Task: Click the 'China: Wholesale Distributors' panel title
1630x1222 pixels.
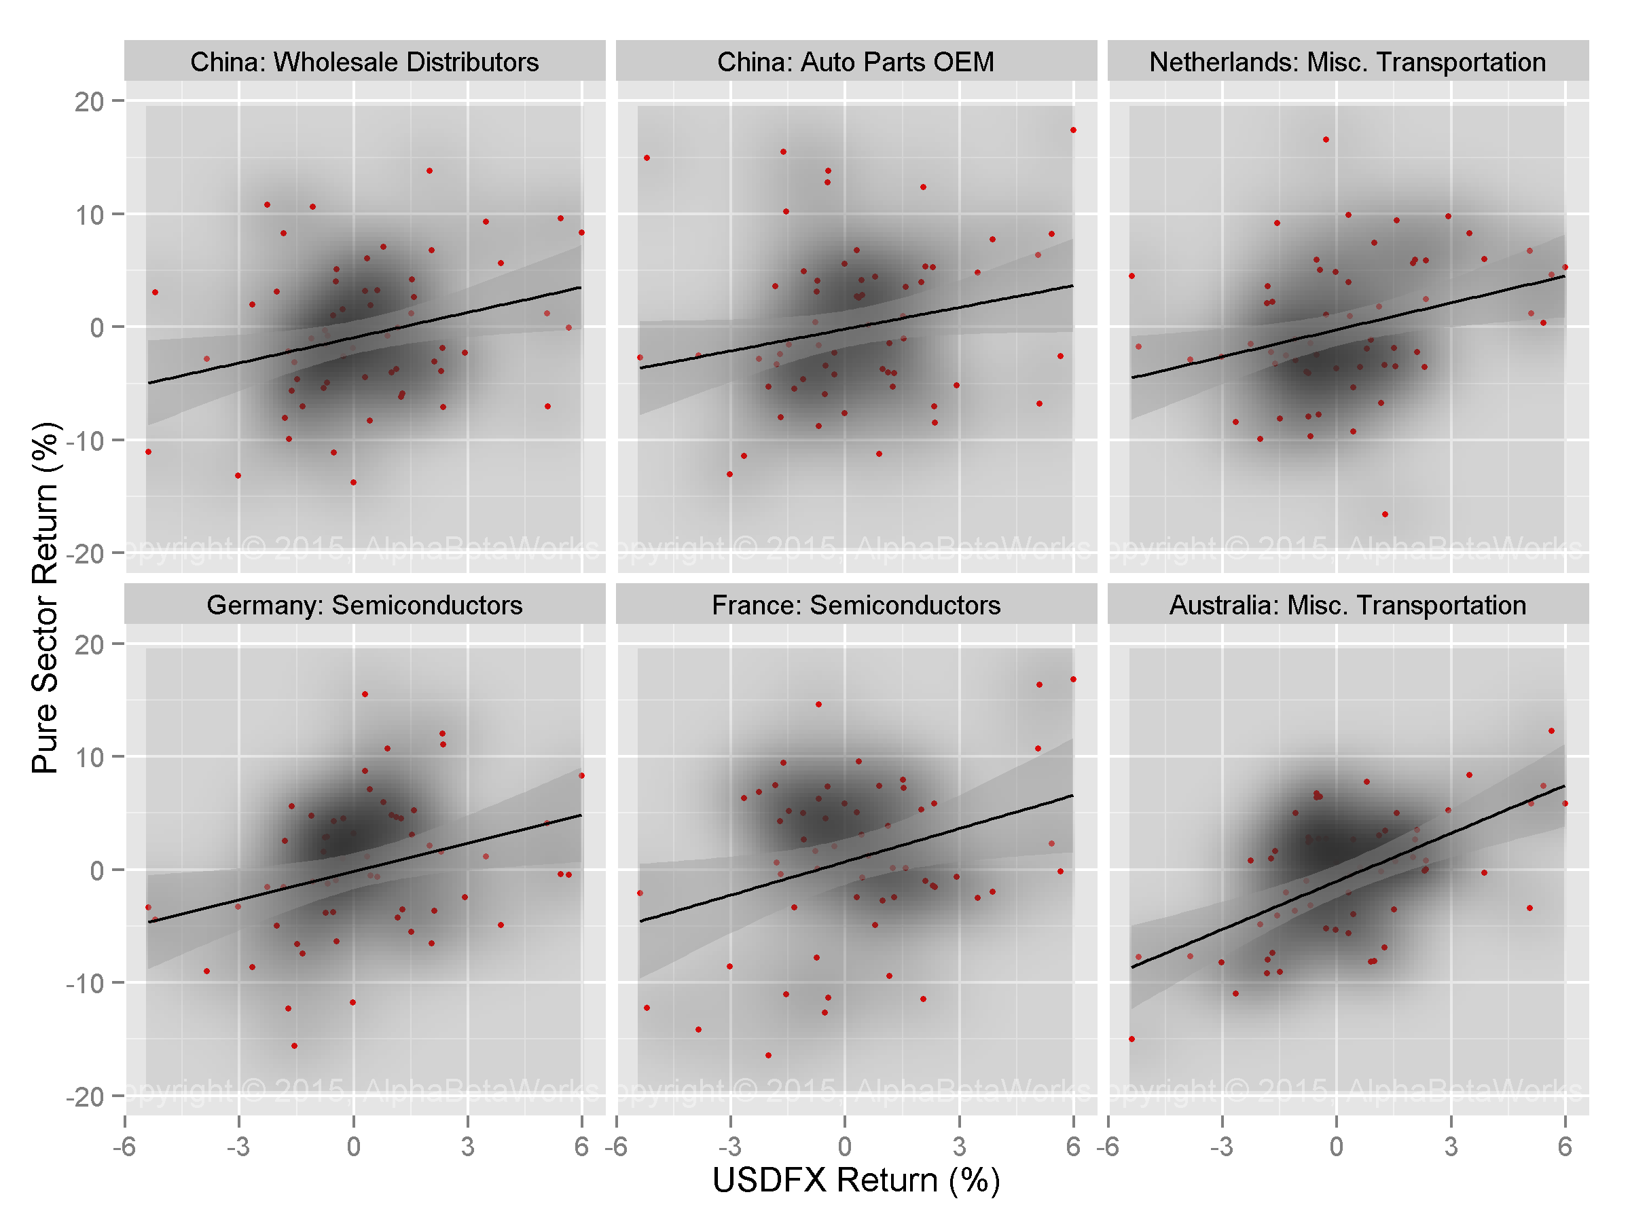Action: tap(364, 62)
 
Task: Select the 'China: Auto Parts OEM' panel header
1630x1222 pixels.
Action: tap(856, 62)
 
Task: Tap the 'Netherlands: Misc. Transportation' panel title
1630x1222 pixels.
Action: tap(1347, 62)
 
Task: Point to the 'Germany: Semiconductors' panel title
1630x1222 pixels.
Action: tap(364, 605)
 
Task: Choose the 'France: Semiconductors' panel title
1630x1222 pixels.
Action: tap(856, 605)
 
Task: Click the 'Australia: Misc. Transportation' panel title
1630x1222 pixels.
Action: tap(1347, 605)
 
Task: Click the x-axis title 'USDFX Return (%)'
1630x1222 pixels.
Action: tap(856, 1180)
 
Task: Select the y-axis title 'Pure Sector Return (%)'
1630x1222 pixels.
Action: tap(46, 597)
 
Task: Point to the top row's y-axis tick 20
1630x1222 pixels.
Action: tap(89, 102)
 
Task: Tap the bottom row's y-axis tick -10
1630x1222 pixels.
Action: tap(85, 983)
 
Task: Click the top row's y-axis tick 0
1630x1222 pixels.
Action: tap(96, 328)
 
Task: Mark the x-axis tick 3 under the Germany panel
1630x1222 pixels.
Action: tap(467, 1147)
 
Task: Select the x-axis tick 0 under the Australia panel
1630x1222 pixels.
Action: tap(1336, 1147)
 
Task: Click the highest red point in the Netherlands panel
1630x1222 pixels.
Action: tap(1326, 139)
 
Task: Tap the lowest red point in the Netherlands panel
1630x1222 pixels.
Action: tap(1385, 514)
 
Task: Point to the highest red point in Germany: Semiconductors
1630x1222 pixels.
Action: tap(365, 694)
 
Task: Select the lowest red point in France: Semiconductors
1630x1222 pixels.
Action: tap(768, 1055)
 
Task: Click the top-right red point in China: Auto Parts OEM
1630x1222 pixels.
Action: tap(1073, 130)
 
